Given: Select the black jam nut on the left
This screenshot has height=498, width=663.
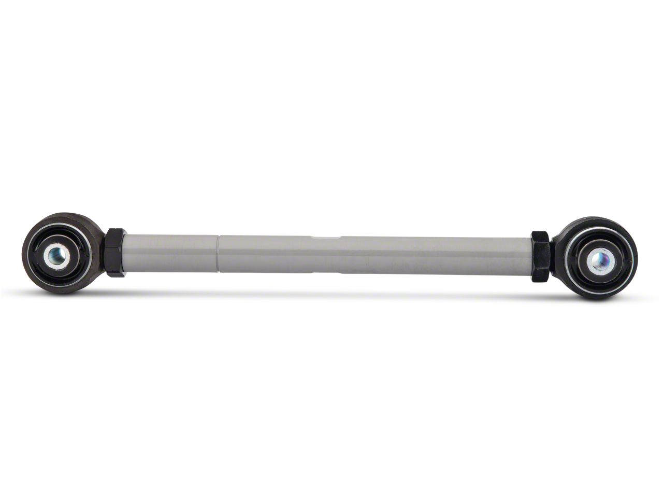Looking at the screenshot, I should pos(116,252).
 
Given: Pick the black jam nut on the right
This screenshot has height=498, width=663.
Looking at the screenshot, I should pos(542,256).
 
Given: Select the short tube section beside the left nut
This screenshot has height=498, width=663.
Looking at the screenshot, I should pos(171,253).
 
